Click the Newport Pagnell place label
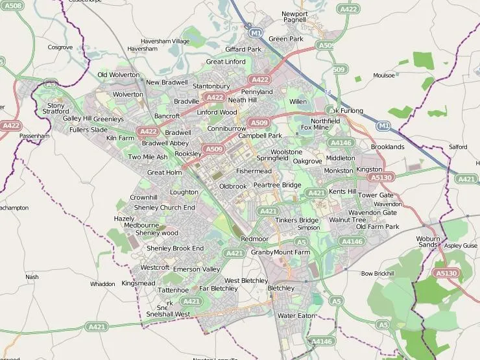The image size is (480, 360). pos(294,17)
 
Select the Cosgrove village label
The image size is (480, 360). pos(60,47)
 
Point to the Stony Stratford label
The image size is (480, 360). pos(56,108)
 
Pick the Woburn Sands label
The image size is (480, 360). pos(427,241)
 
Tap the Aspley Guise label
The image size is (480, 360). pos(461,246)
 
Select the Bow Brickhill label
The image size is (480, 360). pos(378,274)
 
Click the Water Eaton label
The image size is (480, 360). pos(296,315)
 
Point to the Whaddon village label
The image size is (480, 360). pos(102,284)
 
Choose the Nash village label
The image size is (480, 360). pos(32,277)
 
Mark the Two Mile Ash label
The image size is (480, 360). pos(147,157)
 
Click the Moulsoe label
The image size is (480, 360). pos(384,75)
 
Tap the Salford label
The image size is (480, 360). pos(458,147)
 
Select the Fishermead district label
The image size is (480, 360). pos(254,171)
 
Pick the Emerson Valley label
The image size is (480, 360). pos(197,269)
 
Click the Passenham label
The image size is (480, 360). pos(34,136)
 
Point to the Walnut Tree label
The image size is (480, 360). pos(348,220)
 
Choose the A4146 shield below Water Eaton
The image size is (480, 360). pos(321,341)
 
